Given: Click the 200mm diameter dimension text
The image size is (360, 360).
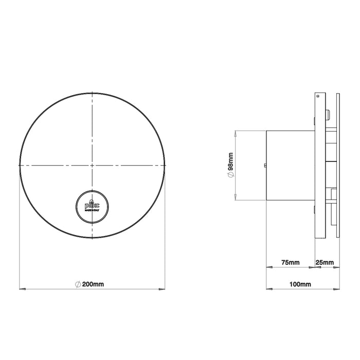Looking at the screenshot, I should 95,284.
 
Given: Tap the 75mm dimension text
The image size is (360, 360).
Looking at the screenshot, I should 290,263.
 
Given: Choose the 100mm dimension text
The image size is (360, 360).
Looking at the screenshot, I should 301,284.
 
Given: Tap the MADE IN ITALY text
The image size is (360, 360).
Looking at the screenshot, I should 92,210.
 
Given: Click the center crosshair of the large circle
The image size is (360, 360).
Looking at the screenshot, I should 92,165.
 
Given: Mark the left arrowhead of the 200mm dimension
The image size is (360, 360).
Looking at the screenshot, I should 21,289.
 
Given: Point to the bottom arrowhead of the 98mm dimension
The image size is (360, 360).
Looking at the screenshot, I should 236,199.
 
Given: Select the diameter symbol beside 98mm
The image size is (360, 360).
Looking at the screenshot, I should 231,176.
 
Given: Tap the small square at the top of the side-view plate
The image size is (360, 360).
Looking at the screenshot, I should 318,96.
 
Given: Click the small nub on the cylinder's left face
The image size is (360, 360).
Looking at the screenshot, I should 264,165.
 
